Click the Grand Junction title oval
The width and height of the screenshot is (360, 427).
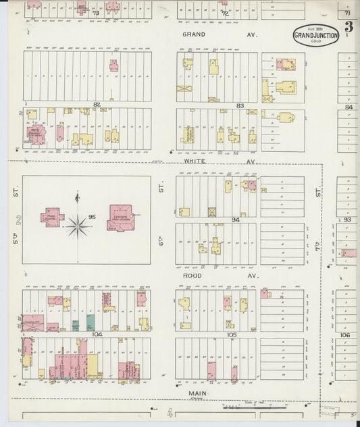point(315,36)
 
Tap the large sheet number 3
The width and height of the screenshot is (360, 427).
point(349,27)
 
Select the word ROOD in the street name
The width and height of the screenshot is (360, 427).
point(192,276)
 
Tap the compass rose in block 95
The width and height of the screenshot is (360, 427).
point(78,226)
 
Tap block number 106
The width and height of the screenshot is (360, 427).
point(346,334)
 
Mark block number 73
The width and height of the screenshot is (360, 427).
point(96,12)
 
